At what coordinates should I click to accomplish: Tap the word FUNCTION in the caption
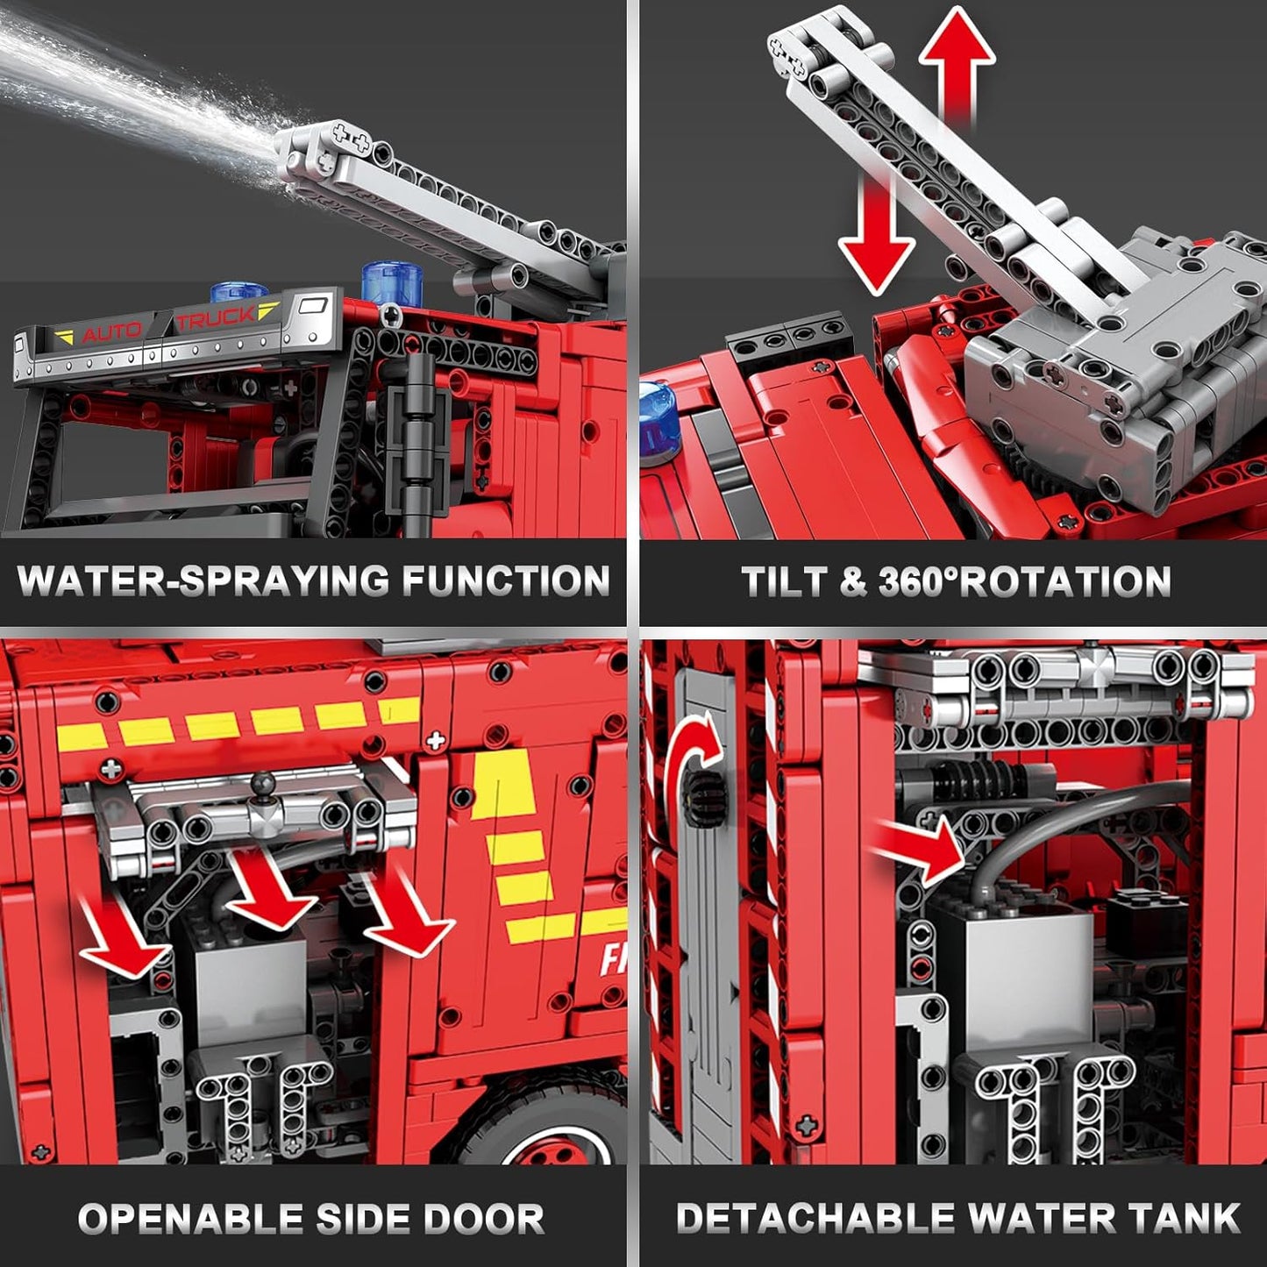506,581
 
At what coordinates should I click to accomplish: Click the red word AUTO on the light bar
111,332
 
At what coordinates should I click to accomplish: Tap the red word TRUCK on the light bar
216,319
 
